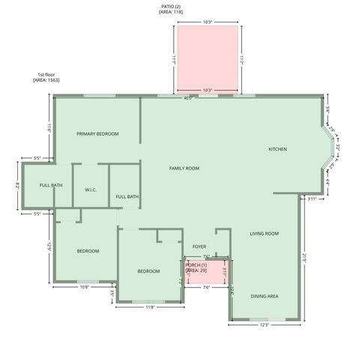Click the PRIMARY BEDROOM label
coord(97,133)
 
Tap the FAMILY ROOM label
coord(184,169)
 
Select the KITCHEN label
coord(277,149)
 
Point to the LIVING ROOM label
coord(264,234)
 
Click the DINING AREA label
coord(264,296)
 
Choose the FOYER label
coord(199,246)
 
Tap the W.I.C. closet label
coord(91,190)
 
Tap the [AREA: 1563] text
coord(46,80)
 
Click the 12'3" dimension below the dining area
coord(264,325)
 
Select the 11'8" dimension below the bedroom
coord(150,307)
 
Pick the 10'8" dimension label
coord(84,286)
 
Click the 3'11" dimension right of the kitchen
coord(312,199)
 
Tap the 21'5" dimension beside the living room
coord(305,257)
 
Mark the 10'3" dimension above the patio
coord(208,22)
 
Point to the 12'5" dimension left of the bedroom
coord(49,246)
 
